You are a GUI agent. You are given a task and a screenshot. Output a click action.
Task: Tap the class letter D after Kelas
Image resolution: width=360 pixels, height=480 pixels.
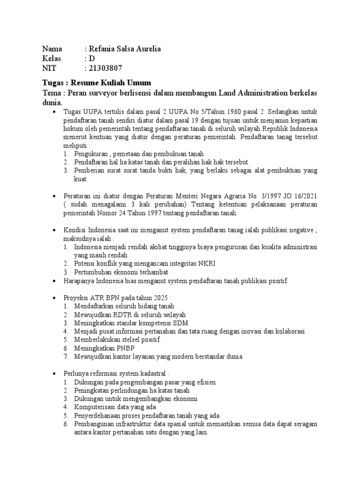92,58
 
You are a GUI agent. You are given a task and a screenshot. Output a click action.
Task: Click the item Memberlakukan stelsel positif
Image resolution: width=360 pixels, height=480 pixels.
117,340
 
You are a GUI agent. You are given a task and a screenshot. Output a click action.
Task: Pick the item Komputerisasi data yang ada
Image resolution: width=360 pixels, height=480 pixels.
115,407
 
